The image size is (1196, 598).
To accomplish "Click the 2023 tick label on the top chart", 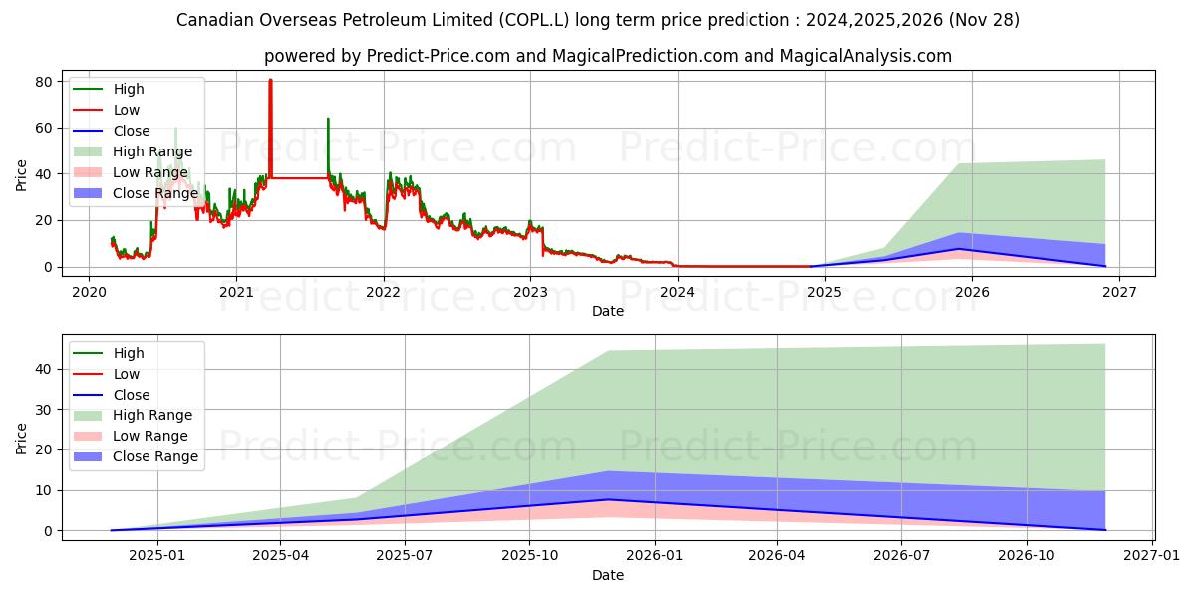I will tap(530, 291).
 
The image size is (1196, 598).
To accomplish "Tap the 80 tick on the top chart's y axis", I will tap(44, 82).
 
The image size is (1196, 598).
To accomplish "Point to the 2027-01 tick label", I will tap(1152, 555).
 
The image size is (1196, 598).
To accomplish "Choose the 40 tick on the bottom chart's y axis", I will tap(44, 369).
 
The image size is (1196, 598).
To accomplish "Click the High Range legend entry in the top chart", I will tap(151, 151).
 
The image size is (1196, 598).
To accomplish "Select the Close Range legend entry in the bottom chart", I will tap(154, 456).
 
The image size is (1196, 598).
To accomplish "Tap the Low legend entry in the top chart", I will tap(126, 110).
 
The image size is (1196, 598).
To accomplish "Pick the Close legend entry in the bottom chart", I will tap(131, 395).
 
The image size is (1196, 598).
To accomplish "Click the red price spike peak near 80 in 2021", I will tap(270, 81).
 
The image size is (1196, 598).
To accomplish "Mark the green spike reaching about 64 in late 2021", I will tap(328, 119).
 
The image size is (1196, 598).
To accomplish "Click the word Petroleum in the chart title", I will tap(369, 20).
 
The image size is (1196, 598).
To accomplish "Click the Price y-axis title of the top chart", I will tap(22, 174).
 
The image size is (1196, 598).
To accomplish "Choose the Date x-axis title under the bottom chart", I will tap(608, 575).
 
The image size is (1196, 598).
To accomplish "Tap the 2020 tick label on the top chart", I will tap(89, 291).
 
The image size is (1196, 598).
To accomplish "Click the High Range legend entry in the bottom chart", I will tap(151, 415).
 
